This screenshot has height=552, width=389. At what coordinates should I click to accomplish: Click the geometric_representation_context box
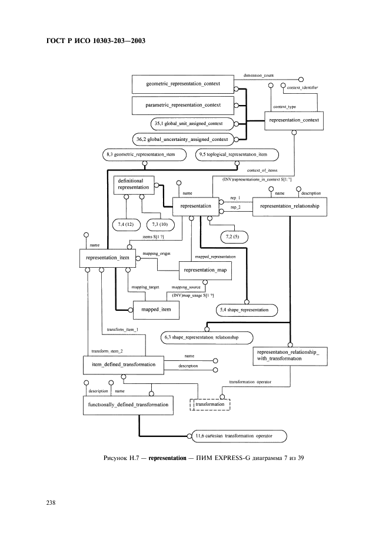[x=182, y=84]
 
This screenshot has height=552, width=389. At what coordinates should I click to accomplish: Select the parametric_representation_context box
[x=182, y=105]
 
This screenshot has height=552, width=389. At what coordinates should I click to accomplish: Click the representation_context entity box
[x=294, y=120]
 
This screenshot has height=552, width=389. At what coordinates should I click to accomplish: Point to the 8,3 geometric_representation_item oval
[x=145, y=155]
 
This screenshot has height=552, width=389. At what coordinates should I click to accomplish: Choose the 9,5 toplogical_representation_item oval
[x=237, y=155]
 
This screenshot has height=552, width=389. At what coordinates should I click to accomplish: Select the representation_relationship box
[x=289, y=206]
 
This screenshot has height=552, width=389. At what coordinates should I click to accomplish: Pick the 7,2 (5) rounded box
[x=233, y=236]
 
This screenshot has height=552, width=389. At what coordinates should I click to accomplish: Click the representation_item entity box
[x=108, y=257]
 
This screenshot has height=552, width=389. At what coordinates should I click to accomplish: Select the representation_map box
[x=205, y=270]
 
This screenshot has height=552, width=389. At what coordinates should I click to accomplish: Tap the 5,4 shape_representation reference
[x=247, y=309]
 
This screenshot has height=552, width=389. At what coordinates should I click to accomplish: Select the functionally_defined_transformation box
[x=128, y=405]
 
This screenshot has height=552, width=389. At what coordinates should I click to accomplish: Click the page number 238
[x=51, y=503]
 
